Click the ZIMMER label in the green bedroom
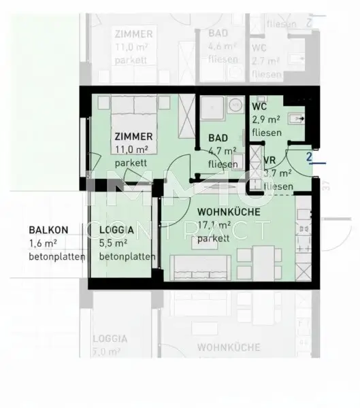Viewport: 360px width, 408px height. (133, 136)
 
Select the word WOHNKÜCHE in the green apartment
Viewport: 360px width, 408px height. (229, 212)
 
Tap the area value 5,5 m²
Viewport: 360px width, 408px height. (113, 243)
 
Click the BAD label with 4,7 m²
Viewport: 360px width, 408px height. (218, 139)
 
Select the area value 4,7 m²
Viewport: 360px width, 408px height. (223, 152)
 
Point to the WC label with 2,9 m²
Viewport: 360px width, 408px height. (259, 107)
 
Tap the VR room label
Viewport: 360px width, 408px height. (269, 161)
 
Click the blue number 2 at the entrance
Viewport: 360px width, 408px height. (310, 158)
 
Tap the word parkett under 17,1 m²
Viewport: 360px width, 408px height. (213, 239)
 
